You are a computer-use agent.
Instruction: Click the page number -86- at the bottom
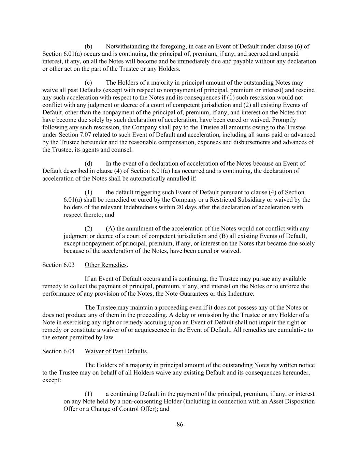point(180,425)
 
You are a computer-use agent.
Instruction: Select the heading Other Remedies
point(105,265)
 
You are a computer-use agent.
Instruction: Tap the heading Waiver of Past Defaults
point(116,351)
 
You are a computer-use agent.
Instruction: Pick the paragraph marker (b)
point(88,46)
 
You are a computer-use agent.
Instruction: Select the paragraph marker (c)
point(88,83)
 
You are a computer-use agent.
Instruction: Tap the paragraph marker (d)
point(88,164)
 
